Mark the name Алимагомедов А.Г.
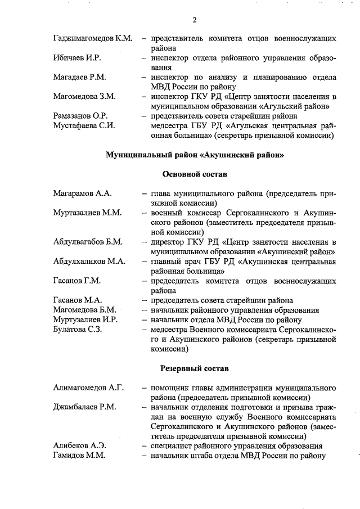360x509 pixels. tap(88, 388)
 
